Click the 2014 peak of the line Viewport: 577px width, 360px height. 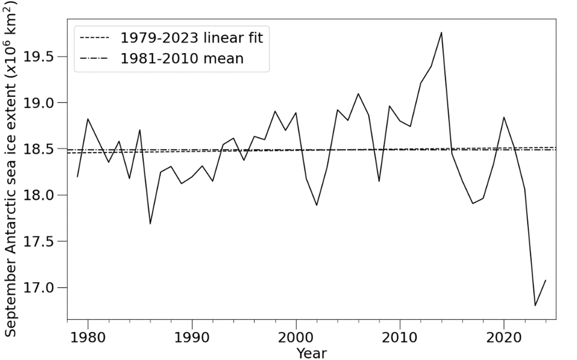(441, 32)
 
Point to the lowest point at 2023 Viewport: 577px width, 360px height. (535, 306)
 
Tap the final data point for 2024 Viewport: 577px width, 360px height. (546, 280)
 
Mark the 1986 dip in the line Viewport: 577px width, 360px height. (150, 224)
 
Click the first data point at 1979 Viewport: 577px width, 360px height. (77, 177)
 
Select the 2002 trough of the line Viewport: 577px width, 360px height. (317, 205)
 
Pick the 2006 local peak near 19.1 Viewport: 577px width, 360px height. (358, 93)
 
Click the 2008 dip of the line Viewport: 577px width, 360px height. (379, 181)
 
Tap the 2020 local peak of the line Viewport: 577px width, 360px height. (504, 117)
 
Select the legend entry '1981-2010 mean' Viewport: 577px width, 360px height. (182, 58)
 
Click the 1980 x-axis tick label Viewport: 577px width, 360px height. (88, 339)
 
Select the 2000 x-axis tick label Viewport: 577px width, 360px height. (296, 339)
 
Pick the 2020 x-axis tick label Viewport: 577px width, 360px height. (504, 339)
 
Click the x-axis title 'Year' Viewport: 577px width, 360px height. (311, 353)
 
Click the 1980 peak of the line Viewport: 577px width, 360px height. (88, 119)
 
